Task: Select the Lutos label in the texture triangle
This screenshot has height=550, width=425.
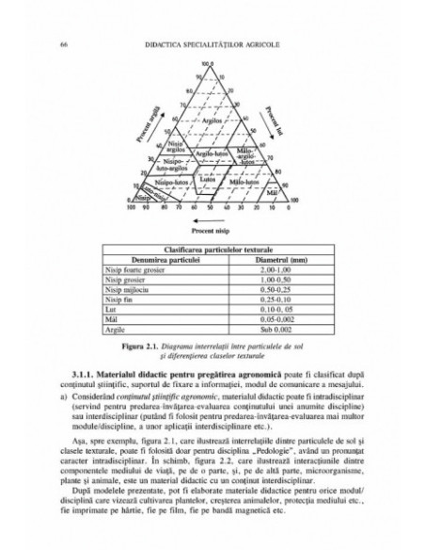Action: coord(222,176)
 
